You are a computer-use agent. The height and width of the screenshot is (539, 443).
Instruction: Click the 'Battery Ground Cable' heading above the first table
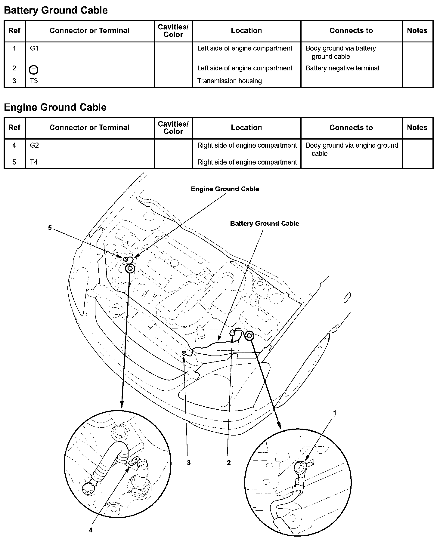point(56,11)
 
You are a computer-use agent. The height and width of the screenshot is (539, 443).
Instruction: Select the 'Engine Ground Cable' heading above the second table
point(55,108)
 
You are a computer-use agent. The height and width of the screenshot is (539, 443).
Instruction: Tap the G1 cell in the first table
point(34,48)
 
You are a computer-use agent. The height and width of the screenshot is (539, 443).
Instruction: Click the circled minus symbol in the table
point(33,70)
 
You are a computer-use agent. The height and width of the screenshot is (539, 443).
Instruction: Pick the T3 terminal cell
point(34,81)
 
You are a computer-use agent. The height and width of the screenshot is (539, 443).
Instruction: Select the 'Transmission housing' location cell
point(229,81)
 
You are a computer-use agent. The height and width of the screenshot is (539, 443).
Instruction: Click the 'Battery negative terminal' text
point(342,68)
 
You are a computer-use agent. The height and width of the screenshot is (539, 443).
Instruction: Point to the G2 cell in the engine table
point(34,146)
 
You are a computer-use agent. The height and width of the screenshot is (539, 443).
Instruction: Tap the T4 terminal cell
point(34,162)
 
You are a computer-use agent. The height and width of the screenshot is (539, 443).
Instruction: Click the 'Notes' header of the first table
point(417,31)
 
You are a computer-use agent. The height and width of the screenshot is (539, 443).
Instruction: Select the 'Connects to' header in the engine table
point(351,128)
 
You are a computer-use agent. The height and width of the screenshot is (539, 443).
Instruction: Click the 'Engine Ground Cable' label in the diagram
point(225,189)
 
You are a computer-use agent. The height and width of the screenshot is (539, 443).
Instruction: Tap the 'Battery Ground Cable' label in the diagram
point(264,223)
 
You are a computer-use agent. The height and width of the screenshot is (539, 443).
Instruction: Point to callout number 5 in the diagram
point(50,228)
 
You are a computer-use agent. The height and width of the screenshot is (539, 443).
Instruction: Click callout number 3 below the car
point(188,463)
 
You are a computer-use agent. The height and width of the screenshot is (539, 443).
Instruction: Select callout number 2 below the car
point(229,463)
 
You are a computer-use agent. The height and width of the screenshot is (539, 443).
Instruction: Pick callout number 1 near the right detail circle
point(334,413)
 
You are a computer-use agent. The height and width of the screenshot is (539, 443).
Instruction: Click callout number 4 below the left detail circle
point(91,530)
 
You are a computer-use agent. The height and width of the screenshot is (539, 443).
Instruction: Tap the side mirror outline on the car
point(347,297)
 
